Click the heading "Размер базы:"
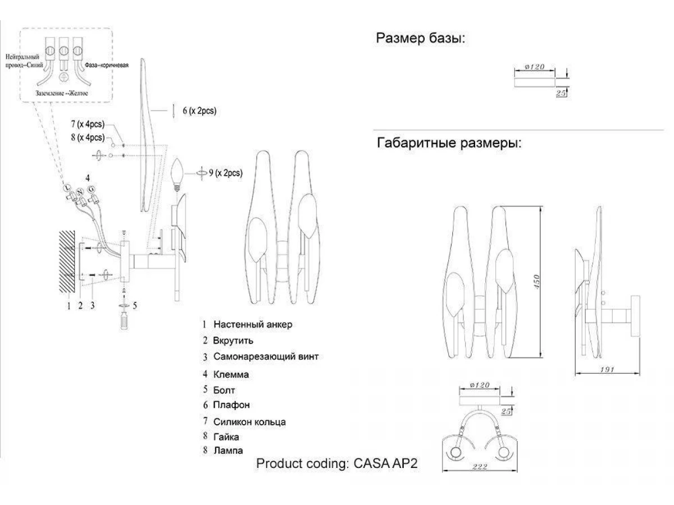(421, 39)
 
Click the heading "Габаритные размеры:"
(449, 143)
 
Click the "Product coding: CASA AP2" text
(338, 464)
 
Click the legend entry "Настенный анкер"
(253, 324)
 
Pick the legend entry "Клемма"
(231, 374)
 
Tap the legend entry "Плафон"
(231, 405)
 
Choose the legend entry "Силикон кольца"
(249, 421)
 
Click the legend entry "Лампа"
(228, 450)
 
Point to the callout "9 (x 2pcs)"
(225, 173)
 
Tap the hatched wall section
(66, 261)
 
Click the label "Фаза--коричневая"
(107, 66)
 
